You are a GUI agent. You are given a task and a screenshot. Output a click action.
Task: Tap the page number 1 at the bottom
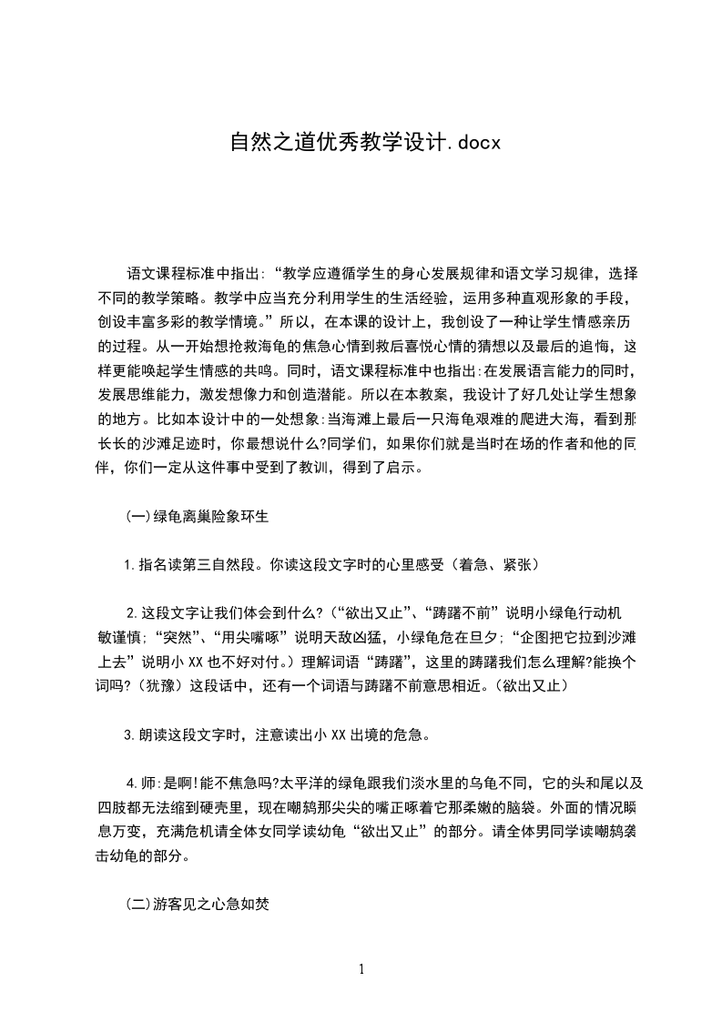(361, 969)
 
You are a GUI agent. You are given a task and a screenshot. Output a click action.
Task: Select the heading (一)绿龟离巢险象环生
(196, 516)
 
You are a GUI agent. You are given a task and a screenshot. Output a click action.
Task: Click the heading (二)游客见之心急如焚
(196, 905)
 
